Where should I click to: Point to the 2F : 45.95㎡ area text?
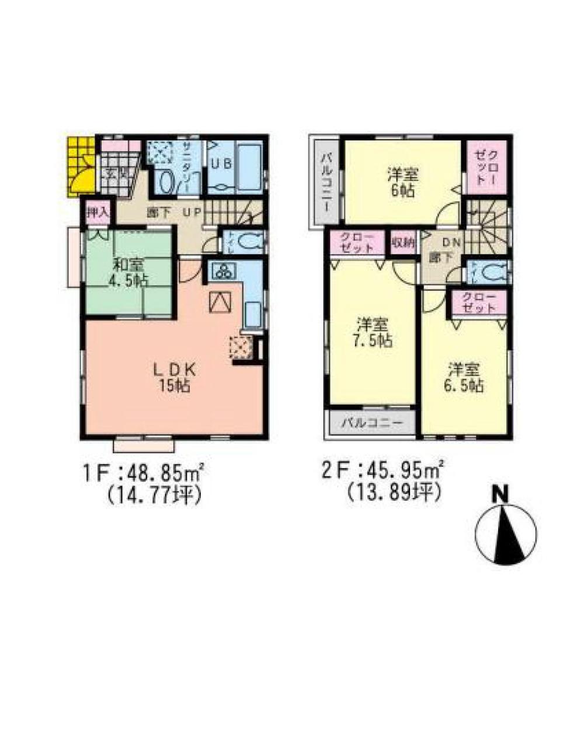pyautogui.click(x=383, y=470)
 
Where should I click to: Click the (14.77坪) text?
pyautogui.click(x=154, y=496)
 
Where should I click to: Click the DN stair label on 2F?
pyautogui.click(x=450, y=242)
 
